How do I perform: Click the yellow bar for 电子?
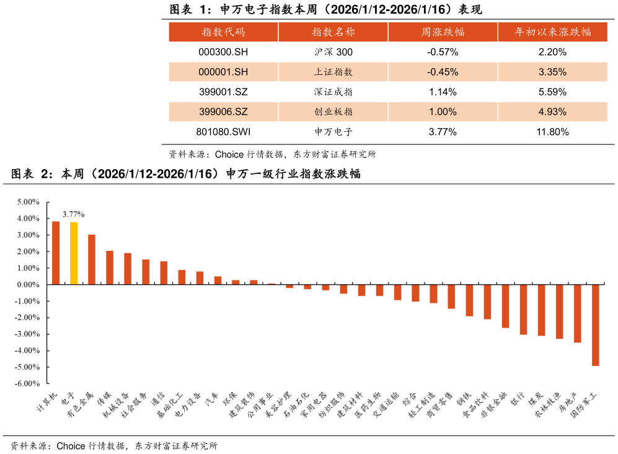(x=74, y=253)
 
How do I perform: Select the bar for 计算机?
(x=56, y=253)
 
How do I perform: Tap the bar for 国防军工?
(x=596, y=325)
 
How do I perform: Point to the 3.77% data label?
(x=74, y=214)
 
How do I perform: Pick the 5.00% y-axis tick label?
(x=27, y=202)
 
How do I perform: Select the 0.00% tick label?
(x=27, y=285)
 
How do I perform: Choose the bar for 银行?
(x=524, y=309)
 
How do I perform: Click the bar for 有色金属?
(x=92, y=259)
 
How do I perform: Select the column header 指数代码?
(x=223, y=32)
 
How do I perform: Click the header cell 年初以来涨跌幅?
(x=552, y=32)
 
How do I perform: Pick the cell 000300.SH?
(x=223, y=52)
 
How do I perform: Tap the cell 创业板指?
(x=333, y=112)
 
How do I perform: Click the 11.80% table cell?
(x=552, y=132)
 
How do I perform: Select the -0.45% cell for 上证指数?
(x=443, y=72)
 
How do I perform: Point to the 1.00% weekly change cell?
(x=443, y=112)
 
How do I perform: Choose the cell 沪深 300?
(x=333, y=52)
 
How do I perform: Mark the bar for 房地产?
(x=578, y=313)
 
